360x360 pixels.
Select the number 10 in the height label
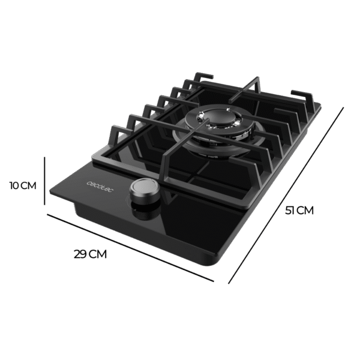pos(14,185)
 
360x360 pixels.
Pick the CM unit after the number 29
pos(98,254)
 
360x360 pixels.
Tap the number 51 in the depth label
pos(290,211)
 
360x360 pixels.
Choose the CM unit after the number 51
pos(305,211)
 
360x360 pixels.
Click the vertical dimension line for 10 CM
pos(46,180)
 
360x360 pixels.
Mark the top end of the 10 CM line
pos(46,155)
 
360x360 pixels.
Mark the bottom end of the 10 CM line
pos(46,205)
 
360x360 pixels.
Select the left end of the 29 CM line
pos(49,215)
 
